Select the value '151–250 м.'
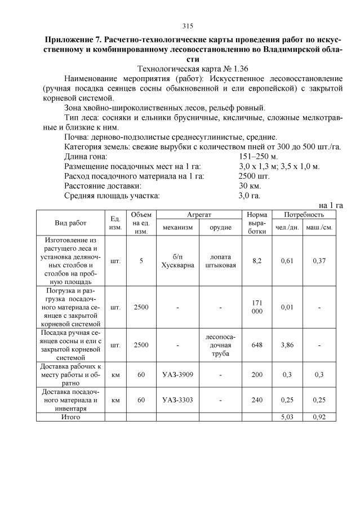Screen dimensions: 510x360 click(x=259, y=156)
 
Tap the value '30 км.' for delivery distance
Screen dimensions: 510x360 click(x=249, y=185)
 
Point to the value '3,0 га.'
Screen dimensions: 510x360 click(x=250, y=196)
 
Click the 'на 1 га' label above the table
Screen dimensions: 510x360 click(x=331, y=205)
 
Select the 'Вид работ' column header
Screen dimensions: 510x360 click(x=70, y=223)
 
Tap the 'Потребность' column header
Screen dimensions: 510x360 click(x=304, y=215)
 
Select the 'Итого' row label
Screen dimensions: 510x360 click(x=70, y=417)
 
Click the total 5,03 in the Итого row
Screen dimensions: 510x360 click(x=288, y=417)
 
